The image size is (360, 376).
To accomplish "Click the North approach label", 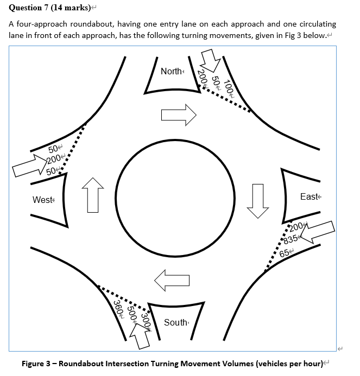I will tap(172, 71).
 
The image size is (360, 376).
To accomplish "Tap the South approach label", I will tap(175, 322).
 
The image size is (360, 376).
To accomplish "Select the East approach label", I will tap(310, 196).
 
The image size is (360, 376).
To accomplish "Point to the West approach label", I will tap(43, 200).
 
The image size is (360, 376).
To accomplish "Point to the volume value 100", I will tap(229, 88).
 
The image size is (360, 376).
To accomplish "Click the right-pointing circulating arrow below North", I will tap(178, 114).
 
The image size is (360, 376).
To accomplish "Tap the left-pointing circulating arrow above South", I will tap(172, 279).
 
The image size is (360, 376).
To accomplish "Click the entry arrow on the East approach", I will tap(318, 232).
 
